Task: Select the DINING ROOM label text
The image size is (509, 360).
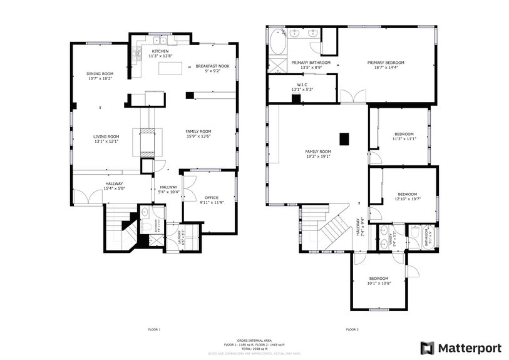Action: (x=100, y=74)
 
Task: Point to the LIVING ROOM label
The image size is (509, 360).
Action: (x=106, y=136)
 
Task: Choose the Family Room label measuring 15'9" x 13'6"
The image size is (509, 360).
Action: (x=198, y=131)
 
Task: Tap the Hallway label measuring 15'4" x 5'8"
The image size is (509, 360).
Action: (x=113, y=183)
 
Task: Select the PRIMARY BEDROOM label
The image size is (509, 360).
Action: (x=385, y=63)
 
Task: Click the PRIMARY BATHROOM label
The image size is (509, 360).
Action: (x=311, y=63)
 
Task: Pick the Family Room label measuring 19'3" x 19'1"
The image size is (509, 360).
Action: (x=317, y=152)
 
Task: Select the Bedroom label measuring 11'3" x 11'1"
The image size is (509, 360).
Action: (x=404, y=134)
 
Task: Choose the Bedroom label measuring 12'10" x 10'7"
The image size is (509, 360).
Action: (x=407, y=194)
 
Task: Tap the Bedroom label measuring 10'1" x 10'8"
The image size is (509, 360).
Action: (x=378, y=279)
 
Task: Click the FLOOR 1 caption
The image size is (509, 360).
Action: (x=154, y=329)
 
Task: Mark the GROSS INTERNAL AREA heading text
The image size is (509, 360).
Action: (x=254, y=340)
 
